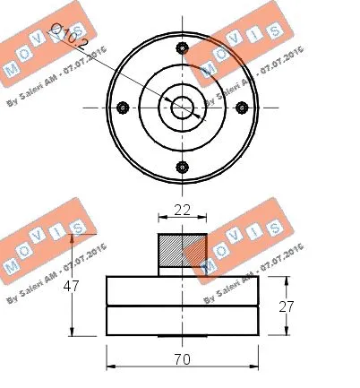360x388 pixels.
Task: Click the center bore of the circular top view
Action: pyautogui.click(x=183, y=107)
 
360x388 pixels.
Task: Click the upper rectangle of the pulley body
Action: pyautogui.click(x=182, y=291)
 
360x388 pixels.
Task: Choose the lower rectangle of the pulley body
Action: pyautogui.click(x=182, y=321)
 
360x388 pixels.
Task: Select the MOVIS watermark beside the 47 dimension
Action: pyautogui.click(x=40, y=246)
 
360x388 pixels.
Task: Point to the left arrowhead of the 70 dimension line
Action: pyautogui.click(x=110, y=366)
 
